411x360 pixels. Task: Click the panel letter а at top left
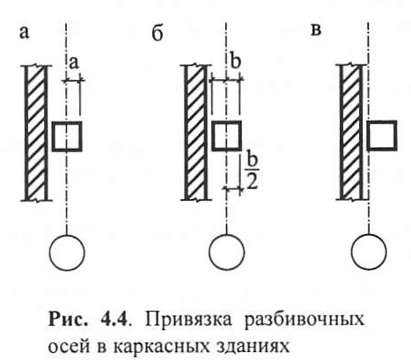click(25, 33)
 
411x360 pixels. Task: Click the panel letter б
click(158, 34)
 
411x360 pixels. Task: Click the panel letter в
click(316, 31)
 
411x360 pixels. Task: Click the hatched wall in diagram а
click(37, 133)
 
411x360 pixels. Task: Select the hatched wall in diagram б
click(196, 132)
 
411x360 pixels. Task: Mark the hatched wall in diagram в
click(351, 132)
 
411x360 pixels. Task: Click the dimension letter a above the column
click(75, 62)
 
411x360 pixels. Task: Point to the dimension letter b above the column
click(235, 61)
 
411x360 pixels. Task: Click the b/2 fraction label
click(252, 171)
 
